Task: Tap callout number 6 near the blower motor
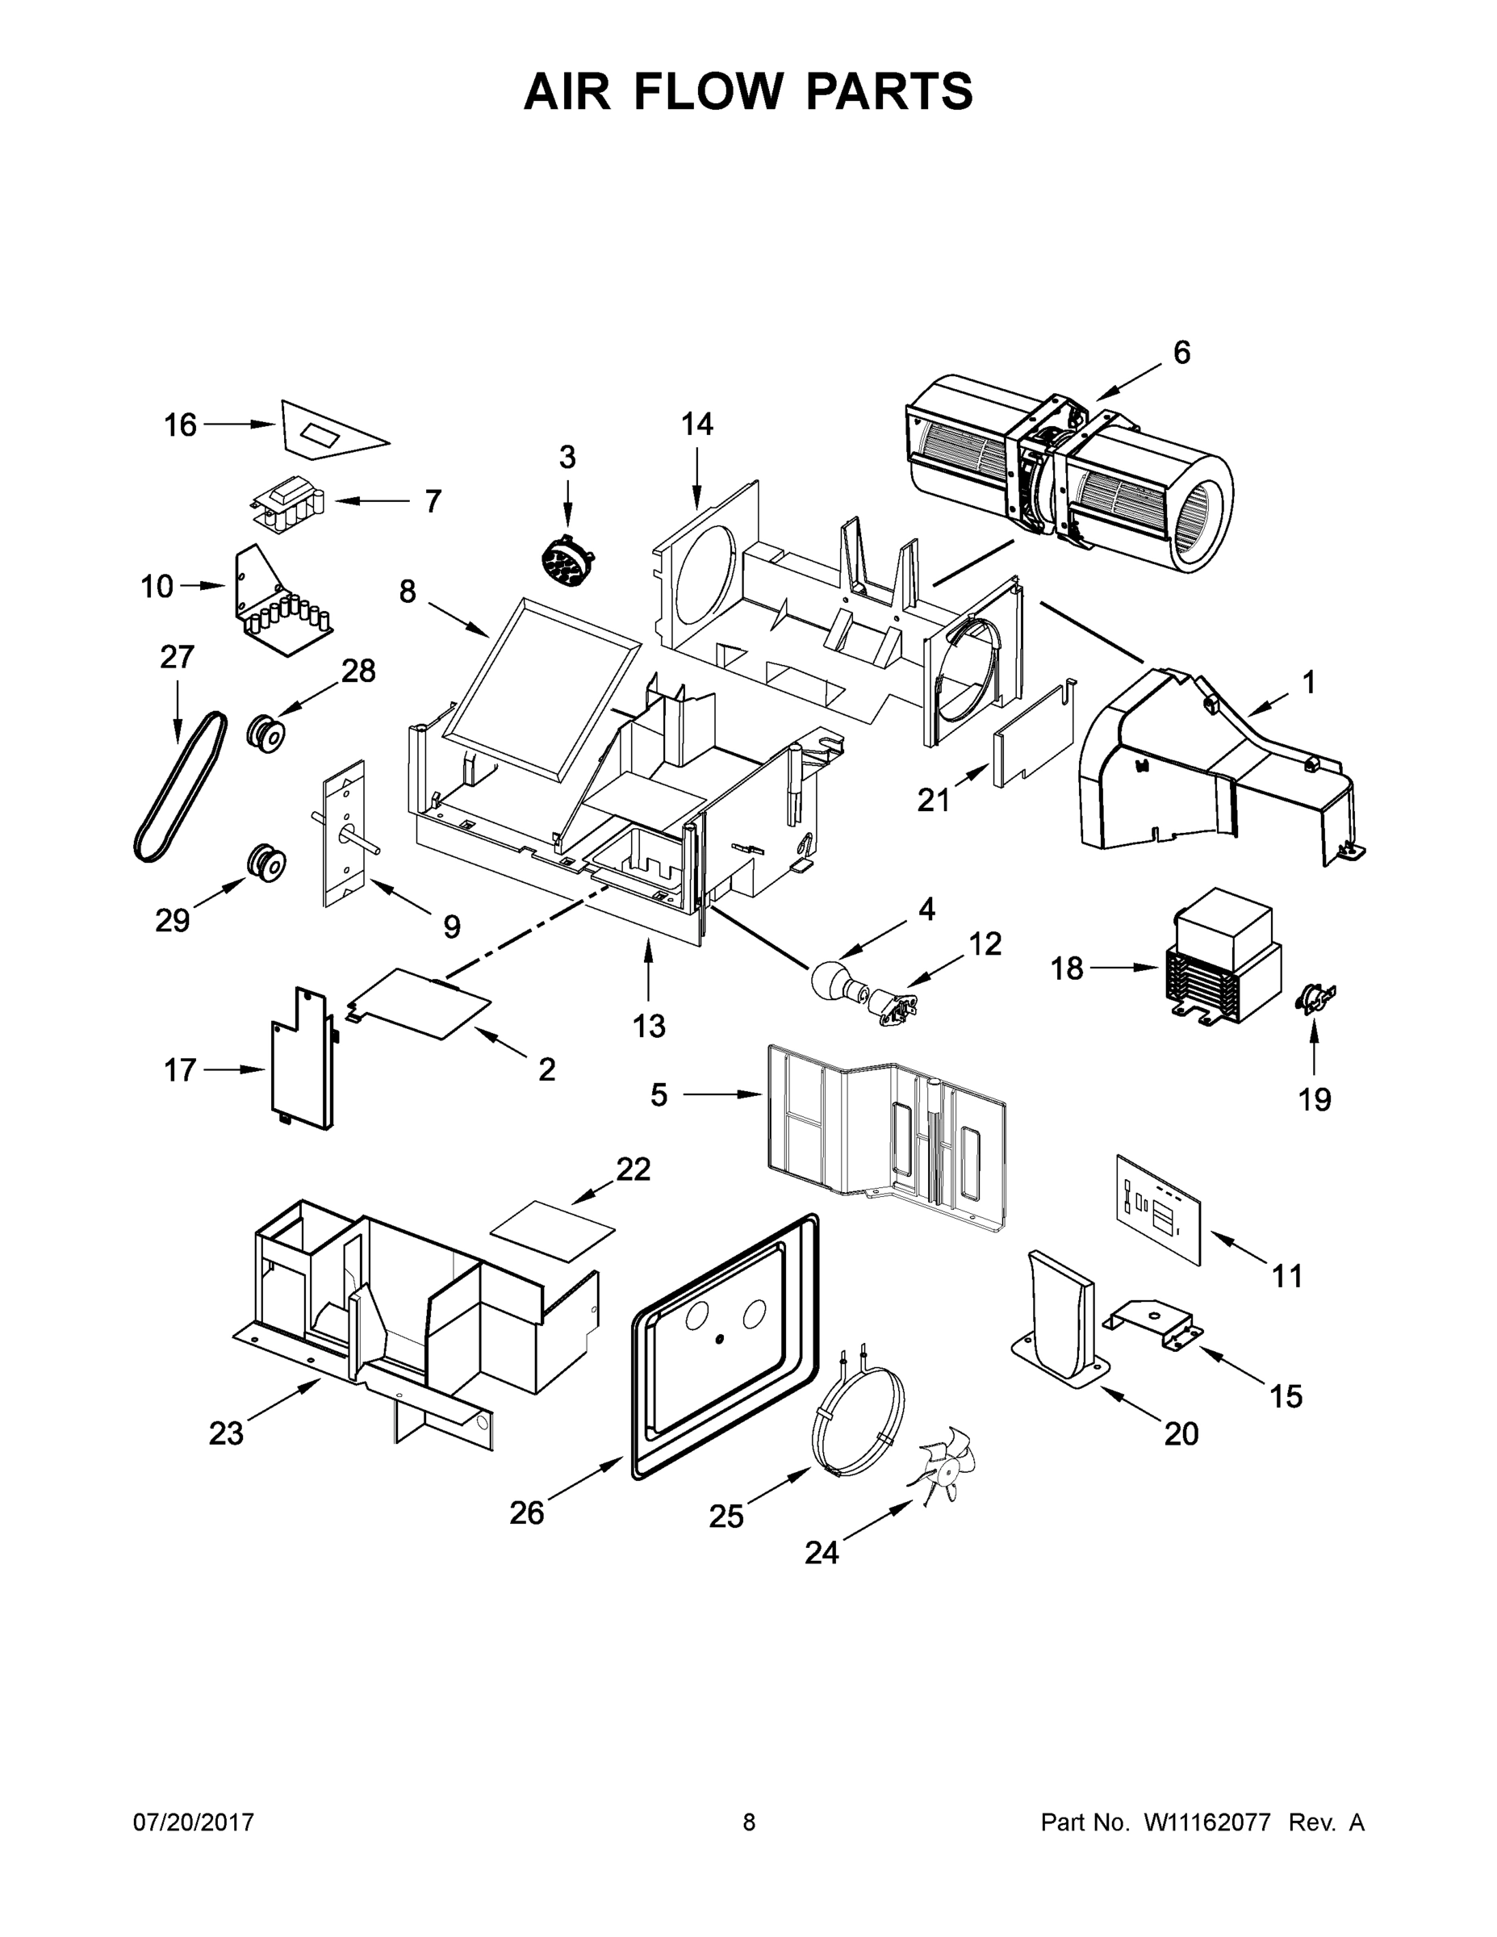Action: pos(1181,353)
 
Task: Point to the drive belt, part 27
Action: pos(180,786)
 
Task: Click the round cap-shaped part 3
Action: pos(566,562)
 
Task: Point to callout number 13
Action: pos(648,1026)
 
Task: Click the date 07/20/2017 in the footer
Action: pos(194,1822)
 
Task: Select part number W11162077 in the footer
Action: pos(1207,1822)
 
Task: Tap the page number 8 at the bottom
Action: pos(749,1822)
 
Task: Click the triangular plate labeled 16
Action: pos(328,432)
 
